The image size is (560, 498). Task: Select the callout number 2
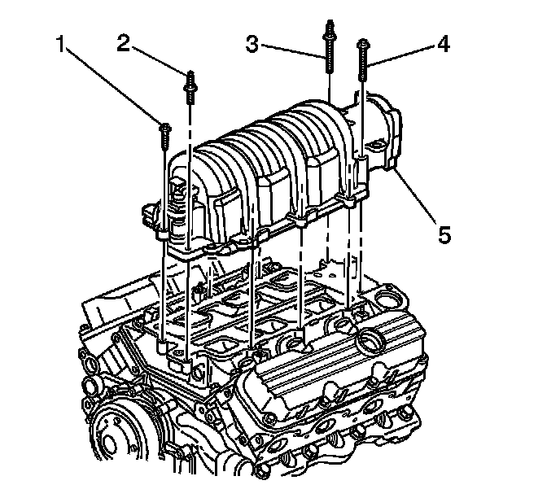click(124, 43)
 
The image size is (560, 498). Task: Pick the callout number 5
click(443, 234)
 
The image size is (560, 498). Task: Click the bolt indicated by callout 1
click(165, 138)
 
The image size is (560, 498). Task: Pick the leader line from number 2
click(159, 61)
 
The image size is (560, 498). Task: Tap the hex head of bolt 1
click(165, 128)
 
